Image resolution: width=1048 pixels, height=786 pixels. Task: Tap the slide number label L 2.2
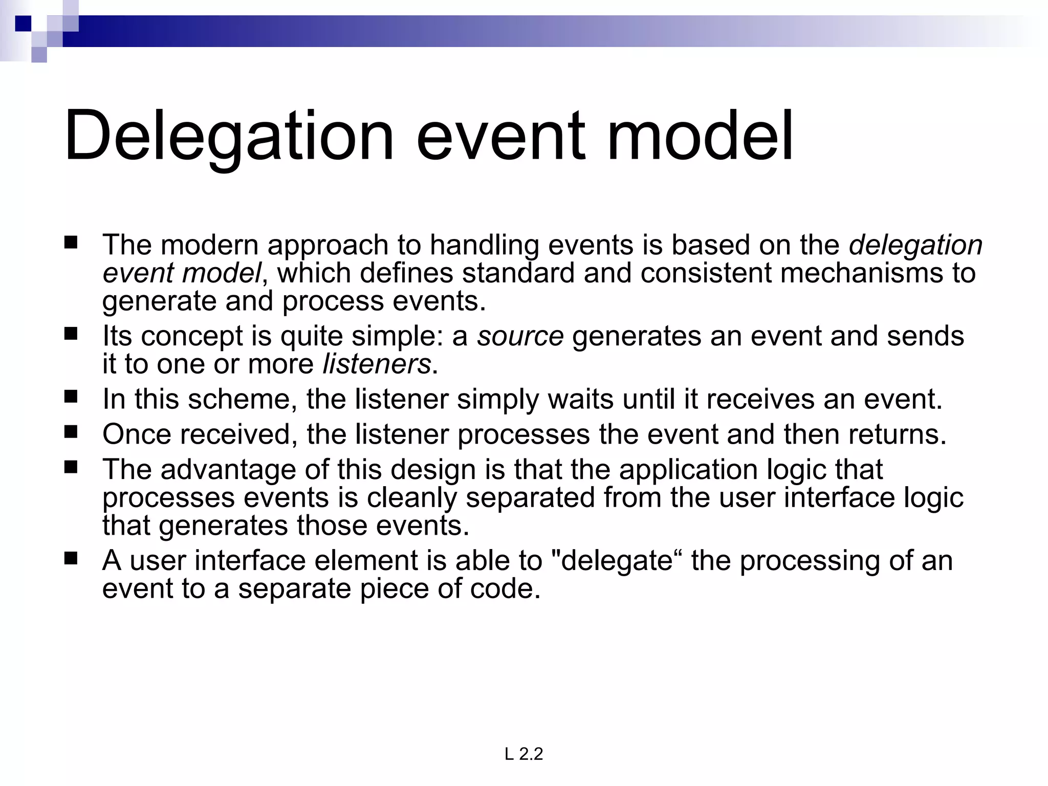[x=523, y=754]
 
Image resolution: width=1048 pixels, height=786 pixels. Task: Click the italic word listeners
[x=377, y=364]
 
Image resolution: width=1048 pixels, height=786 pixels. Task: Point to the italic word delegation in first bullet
[x=915, y=245]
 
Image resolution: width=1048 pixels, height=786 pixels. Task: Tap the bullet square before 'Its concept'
[x=71, y=334]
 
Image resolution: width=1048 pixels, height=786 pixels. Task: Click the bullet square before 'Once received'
[x=71, y=432]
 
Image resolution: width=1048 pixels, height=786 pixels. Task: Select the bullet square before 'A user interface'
[x=71, y=558]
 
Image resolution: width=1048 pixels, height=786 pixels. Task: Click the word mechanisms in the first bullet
[x=862, y=273]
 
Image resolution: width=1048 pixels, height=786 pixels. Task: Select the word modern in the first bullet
[x=209, y=245]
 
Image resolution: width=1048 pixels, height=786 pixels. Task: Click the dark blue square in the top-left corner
[x=23, y=24]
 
